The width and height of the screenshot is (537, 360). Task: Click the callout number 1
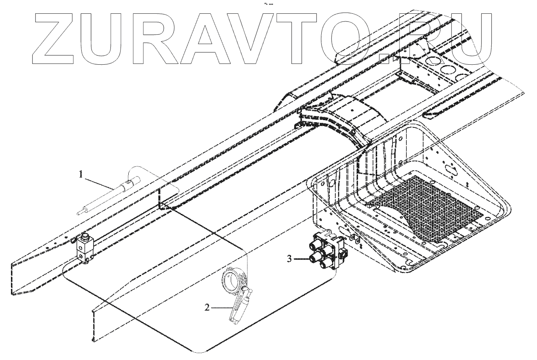[82, 174]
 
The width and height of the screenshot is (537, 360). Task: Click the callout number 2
[207, 307]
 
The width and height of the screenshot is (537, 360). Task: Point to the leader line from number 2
[221, 307]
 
